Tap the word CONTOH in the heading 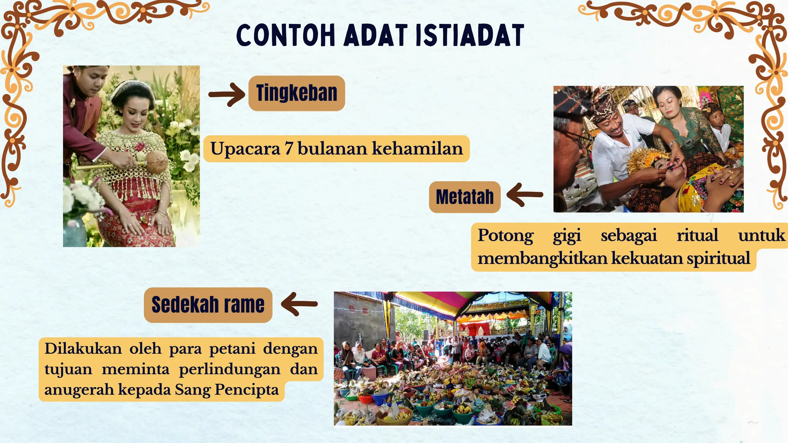[x=285, y=35]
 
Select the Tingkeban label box [x=297, y=93]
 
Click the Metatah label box [x=464, y=197]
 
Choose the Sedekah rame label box [x=208, y=305]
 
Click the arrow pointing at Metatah [x=524, y=195]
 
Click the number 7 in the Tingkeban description [x=289, y=149]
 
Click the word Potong [x=506, y=235]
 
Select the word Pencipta [x=246, y=390]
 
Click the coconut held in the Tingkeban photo [x=157, y=162]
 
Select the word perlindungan [x=230, y=369]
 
